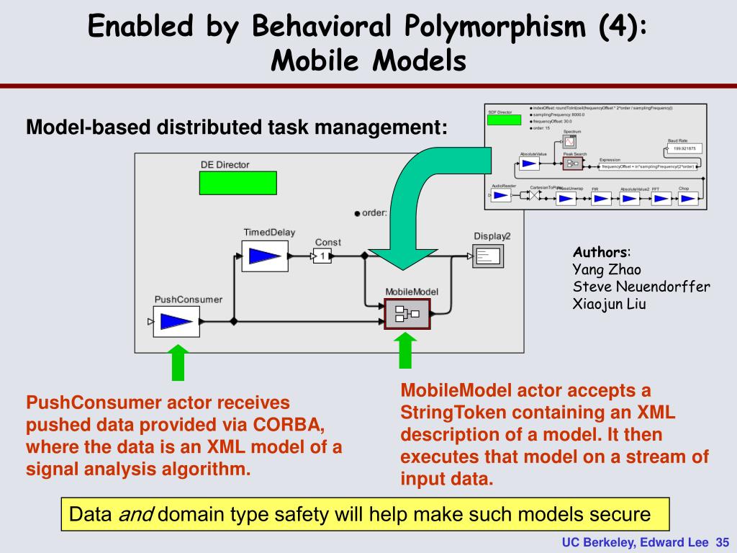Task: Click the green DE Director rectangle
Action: pyautogui.click(x=238, y=183)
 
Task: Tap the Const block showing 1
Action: pyautogui.click(x=322, y=256)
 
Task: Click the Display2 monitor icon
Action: pyautogui.click(x=490, y=256)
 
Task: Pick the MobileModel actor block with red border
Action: pyautogui.click(x=407, y=313)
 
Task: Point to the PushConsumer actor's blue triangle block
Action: pyautogui.click(x=175, y=321)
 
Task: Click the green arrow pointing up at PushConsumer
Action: pyautogui.click(x=177, y=362)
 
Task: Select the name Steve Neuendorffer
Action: pyautogui.click(x=641, y=287)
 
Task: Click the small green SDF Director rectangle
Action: pyautogui.click(x=504, y=120)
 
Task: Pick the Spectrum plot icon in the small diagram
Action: pyautogui.click(x=572, y=142)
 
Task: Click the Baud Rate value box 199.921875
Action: pyautogui.click(x=682, y=149)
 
